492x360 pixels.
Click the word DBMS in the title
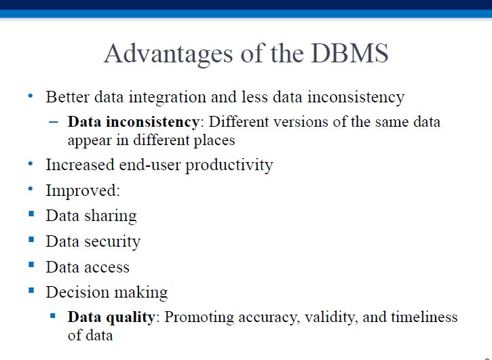[x=349, y=54]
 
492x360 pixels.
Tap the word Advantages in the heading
[x=168, y=55]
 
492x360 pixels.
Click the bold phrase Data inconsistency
[x=134, y=122]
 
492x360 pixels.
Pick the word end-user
[x=150, y=165]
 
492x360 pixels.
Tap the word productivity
[x=229, y=166]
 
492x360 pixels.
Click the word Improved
[x=83, y=191]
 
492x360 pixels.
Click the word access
[x=107, y=268]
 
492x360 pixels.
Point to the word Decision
[x=77, y=292]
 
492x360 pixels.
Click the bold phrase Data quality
[x=111, y=318]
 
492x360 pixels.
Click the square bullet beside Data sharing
[x=31, y=214]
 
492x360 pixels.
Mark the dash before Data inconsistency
[x=54, y=121]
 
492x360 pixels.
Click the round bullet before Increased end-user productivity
[x=31, y=163]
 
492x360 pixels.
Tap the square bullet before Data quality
[x=53, y=315]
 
